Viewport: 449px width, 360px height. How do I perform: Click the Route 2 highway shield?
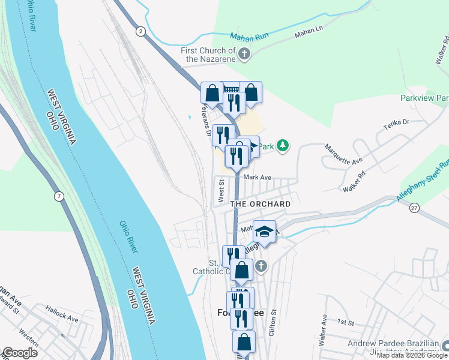tap(140, 32)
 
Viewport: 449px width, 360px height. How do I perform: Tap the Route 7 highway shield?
tap(58, 196)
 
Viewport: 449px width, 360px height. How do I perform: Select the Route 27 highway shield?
tap(414, 207)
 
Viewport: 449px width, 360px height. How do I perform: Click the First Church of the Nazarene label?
tap(208, 55)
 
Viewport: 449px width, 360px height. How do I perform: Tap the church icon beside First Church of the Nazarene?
tap(244, 55)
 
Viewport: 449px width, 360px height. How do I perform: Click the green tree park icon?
tap(283, 145)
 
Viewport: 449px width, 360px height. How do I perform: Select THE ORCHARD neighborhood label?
tap(261, 204)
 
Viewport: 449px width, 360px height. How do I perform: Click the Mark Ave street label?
tap(258, 178)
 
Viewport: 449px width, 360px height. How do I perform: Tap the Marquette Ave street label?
tap(343, 153)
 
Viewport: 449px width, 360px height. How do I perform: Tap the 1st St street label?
tap(345, 322)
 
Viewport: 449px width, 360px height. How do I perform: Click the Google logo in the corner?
tap(20, 353)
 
